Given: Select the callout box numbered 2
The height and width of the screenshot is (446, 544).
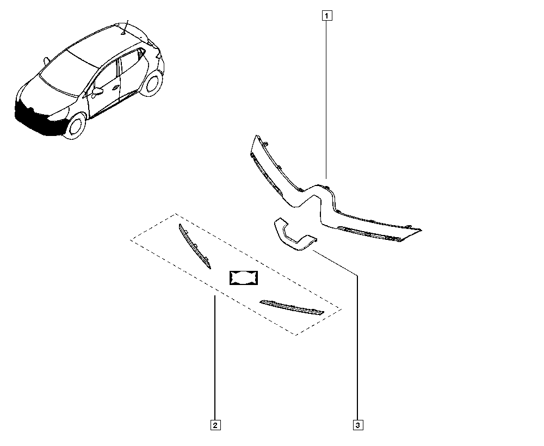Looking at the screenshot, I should [x=215, y=425].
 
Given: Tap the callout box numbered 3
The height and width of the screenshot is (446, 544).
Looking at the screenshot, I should [x=357, y=425].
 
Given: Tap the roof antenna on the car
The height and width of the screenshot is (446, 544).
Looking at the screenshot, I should [x=125, y=27].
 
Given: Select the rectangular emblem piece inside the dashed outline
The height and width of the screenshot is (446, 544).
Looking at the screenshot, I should [x=243, y=277].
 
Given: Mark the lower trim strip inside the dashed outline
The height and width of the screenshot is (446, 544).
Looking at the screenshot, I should [x=291, y=307].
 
